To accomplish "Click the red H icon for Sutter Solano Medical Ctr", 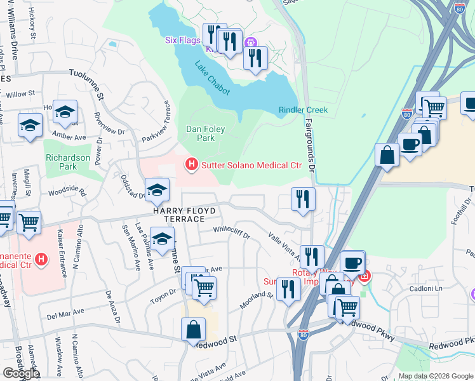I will pos(191,165).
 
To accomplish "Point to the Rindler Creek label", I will pos(303,110).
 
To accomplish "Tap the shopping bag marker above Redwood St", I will pos(193,330).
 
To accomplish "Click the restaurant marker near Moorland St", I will pos(288,290).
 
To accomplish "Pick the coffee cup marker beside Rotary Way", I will pos(351,262).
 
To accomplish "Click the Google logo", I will pos(21,373).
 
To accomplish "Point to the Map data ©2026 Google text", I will pos(434,376).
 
